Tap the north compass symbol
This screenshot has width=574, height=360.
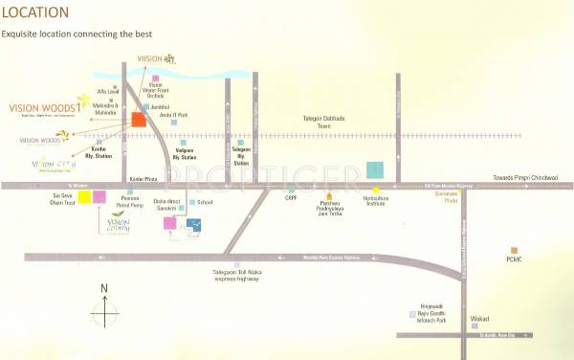pos(104,312)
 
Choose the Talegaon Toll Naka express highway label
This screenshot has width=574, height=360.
pos(237,277)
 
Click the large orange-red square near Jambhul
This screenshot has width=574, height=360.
pos(139,120)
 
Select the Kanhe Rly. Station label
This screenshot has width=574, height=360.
pos(100,154)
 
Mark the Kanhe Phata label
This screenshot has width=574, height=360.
pos(143,179)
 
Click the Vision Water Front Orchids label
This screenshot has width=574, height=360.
pos(156,90)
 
